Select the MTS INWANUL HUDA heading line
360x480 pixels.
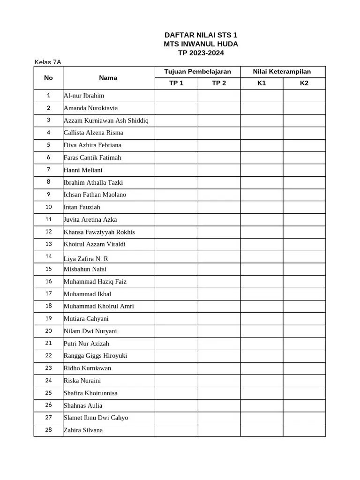pyautogui.click(x=201, y=44)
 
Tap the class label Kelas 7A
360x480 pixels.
pyautogui.click(x=48, y=62)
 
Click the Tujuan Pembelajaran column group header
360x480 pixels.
pyautogui.click(x=197, y=72)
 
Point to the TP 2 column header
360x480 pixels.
pyautogui.click(x=219, y=83)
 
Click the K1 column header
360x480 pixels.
pyautogui.click(x=262, y=83)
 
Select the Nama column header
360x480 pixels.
pyautogui.click(x=108, y=78)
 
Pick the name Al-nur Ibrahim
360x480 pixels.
pyautogui.click(x=84, y=96)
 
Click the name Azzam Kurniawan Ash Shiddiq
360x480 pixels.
pyautogui.click(x=106, y=120)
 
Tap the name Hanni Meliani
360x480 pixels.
pyautogui.click(x=83, y=170)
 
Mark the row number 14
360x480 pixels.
pyautogui.click(x=48, y=256)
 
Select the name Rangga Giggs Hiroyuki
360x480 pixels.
pyautogui.click(x=95, y=356)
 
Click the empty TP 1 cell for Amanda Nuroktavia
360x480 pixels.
pyautogui.click(x=176, y=108)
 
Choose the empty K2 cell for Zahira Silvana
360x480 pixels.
pyautogui.click(x=304, y=430)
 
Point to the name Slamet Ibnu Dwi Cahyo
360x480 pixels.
pyautogui.click(x=96, y=418)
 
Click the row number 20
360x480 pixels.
pyautogui.click(x=48, y=331)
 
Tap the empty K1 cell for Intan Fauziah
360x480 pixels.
pyautogui.click(x=262, y=207)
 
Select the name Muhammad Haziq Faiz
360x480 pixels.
pyautogui.click(x=95, y=282)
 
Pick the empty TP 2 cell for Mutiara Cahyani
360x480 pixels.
pyautogui.click(x=219, y=319)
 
